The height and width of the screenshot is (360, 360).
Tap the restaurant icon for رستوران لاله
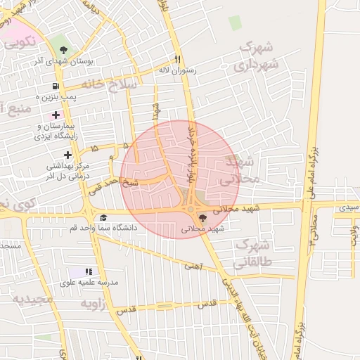point(178,60)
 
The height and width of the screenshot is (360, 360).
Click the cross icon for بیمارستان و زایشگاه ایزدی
point(56,115)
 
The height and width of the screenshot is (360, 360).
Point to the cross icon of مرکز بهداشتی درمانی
point(67,154)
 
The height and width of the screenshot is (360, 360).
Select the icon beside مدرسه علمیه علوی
point(89,271)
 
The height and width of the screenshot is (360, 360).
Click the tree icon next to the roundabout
point(203,217)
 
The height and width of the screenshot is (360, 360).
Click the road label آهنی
point(192,266)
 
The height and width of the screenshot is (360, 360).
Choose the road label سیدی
point(348,208)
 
